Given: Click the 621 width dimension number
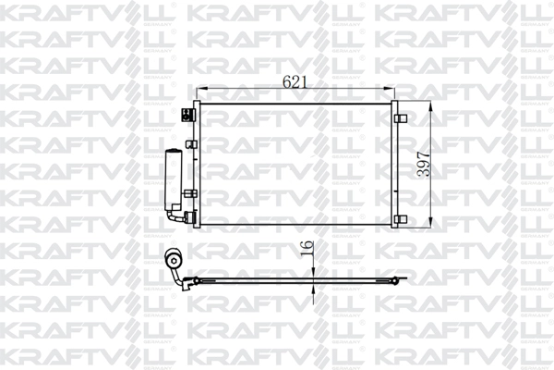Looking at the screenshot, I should pos(295,82).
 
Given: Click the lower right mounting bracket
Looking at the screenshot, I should pos(399,218).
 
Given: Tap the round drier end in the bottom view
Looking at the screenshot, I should pos(171,261).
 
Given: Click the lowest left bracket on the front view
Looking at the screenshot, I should pos(190,218).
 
